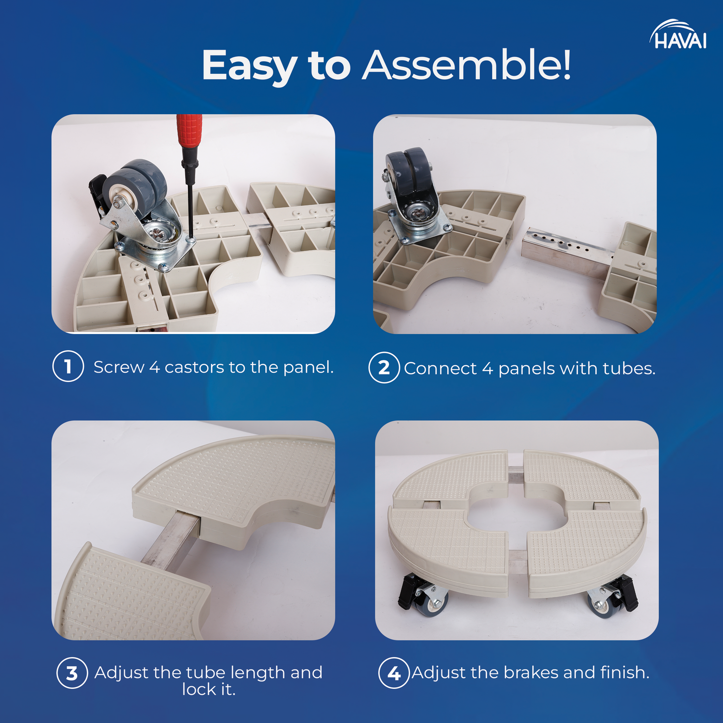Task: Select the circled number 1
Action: click(68, 366)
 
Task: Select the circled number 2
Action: click(384, 368)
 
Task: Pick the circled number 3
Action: click(72, 673)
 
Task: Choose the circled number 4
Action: click(394, 673)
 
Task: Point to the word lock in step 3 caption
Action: click(199, 689)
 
